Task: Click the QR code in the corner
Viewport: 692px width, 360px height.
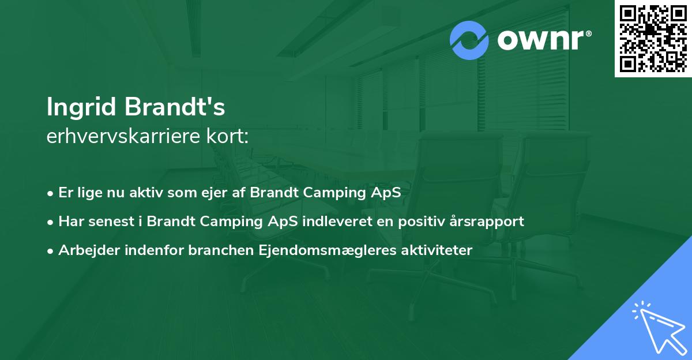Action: (x=653, y=39)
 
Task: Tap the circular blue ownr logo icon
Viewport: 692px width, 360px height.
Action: (x=469, y=40)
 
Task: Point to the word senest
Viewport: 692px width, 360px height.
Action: (x=112, y=222)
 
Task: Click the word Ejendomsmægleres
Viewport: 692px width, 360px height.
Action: (x=310, y=250)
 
